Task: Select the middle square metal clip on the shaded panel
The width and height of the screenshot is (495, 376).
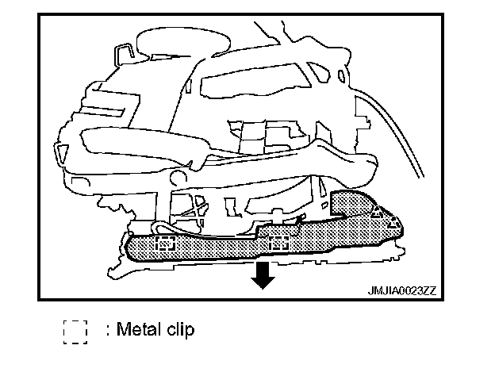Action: [x=278, y=243]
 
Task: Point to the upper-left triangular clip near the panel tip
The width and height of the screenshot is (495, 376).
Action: [x=378, y=213]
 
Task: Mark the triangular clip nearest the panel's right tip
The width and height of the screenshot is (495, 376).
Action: [x=393, y=224]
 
